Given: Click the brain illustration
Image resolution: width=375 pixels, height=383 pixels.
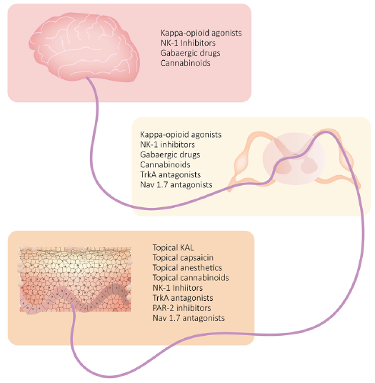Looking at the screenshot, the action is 84,46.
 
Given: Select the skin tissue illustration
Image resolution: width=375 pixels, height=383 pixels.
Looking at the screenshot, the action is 76,279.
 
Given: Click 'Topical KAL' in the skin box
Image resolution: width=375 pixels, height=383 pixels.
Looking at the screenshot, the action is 173,248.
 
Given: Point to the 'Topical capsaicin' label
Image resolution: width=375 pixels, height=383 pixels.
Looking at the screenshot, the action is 183,258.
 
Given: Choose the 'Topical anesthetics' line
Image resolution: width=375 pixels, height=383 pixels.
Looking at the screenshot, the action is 187,268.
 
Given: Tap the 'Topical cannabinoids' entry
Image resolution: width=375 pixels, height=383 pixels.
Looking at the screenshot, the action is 191,278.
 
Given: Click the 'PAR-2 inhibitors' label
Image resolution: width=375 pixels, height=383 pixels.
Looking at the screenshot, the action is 181,308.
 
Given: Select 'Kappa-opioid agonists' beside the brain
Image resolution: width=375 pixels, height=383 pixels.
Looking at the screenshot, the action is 201,33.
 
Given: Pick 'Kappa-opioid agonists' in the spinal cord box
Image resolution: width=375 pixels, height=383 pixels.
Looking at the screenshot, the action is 181,134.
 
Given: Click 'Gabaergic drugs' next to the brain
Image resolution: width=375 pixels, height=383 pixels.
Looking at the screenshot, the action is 191,53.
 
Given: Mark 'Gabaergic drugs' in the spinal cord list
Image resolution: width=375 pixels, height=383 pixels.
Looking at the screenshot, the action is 170,154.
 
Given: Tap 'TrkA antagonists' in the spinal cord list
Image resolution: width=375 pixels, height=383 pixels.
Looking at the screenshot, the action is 171,174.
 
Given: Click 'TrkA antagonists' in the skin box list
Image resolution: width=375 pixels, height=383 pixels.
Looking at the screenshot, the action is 183,298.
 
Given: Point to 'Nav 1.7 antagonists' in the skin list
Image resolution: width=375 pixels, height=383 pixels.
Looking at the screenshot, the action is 189,318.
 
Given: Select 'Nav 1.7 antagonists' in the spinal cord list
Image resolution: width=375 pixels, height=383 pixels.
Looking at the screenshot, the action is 176,184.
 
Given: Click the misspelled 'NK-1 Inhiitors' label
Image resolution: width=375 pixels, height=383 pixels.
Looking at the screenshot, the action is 177,288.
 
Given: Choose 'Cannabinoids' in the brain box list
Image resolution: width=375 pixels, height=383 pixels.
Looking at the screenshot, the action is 185,63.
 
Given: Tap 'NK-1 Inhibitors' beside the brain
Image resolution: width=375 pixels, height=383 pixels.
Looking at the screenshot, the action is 188,43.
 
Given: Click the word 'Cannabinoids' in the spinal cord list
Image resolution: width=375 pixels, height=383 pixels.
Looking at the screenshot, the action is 165,164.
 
